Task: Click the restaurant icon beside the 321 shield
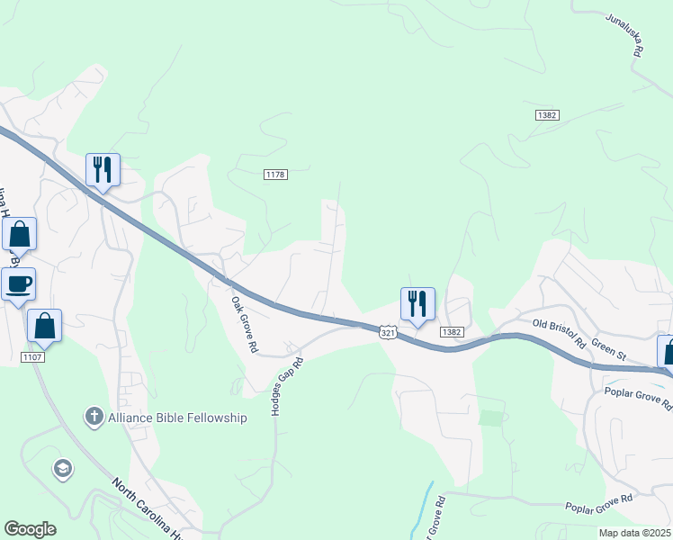tap(417, 302)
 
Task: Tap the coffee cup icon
tap(18, 284)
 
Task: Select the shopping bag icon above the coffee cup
tap(19, 235)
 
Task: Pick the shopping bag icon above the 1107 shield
tap(45, 326)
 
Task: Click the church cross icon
tap(94, 417)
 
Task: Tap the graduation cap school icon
tap(62, 468)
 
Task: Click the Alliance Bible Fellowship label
tap(177, 418)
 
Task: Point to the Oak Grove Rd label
tap(245, 324)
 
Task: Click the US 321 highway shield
tap(387, 332)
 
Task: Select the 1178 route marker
tap(275, 174)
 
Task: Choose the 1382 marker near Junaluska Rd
tap(546, 115)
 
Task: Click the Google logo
tap(30, 529)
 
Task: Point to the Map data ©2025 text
tap(633, 533)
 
